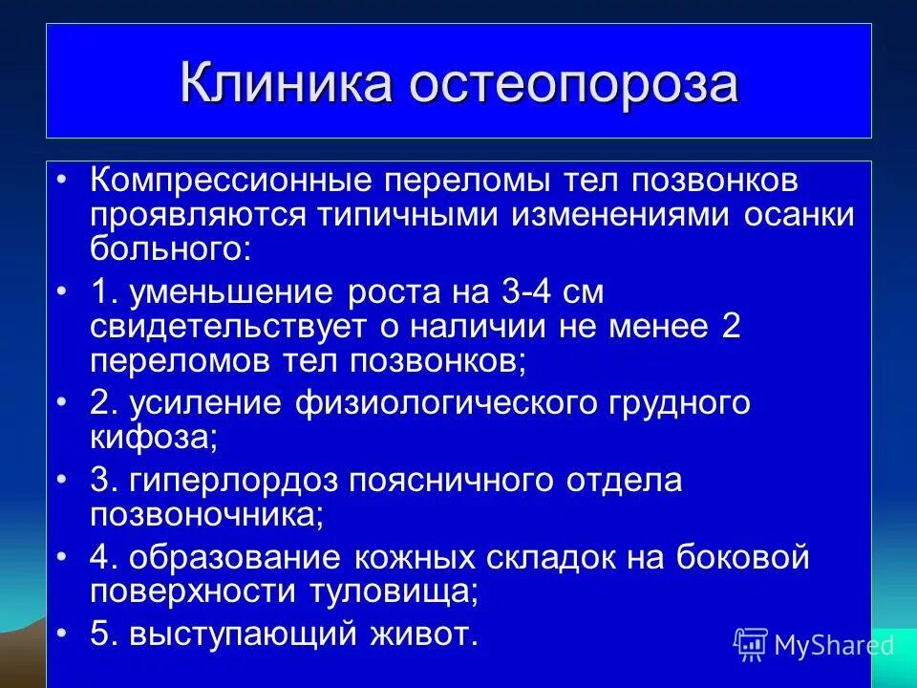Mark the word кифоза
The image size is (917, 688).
(149, 437)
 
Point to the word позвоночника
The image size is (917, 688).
(202, 513)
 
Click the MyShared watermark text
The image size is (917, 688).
(833, 645)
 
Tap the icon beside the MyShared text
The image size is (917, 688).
(751, 644)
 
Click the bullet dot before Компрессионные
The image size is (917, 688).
(63, 183)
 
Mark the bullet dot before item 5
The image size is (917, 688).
(63, 633)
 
